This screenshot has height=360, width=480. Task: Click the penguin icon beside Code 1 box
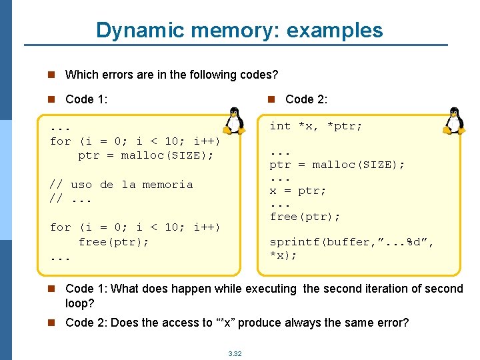point(233,121)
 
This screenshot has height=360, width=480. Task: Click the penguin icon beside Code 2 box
point(453,121)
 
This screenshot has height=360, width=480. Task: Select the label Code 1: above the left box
point(87,99)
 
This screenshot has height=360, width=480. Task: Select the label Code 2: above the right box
point(306,99)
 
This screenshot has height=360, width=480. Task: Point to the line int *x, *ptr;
point(315,126)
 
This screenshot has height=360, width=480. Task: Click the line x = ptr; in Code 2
point(297,191)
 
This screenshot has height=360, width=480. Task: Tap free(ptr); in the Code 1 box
point(113,242)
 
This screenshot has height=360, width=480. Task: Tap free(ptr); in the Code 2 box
point(305,217)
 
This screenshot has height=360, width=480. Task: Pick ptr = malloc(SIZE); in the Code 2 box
point(337,165)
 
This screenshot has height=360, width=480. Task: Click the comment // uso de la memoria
point(121,185)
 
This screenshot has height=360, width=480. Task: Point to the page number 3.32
point(235,353)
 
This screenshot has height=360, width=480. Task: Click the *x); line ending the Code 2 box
point(283,255)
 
